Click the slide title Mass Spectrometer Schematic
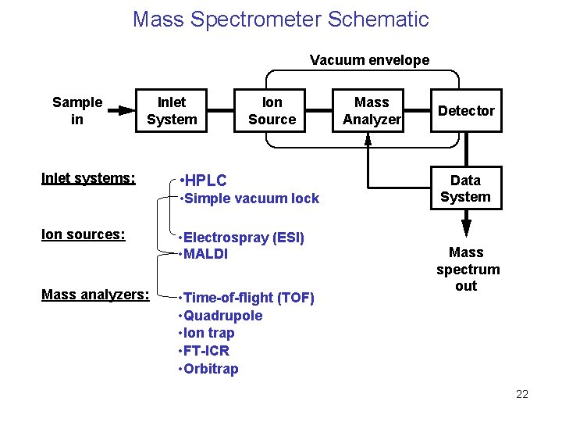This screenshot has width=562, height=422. tap(281, 19)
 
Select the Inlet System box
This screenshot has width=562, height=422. tap(172, 111)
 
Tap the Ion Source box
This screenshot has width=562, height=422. tap(272, 111)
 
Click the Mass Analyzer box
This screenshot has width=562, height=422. tap(372, 111)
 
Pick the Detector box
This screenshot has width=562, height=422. tap(466, 111)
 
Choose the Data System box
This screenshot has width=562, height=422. tap(465, 189)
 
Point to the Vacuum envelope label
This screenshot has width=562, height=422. tap(369, 60)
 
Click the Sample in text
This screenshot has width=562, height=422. tap(77, 111)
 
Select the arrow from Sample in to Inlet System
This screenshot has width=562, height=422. tap(120, 111)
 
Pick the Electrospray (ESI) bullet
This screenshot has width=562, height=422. tap(242, 237)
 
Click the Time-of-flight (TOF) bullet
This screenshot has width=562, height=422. tap(247, 298)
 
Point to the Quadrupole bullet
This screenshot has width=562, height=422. tap(222, 316)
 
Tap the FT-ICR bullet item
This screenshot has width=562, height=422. tap(205, 351)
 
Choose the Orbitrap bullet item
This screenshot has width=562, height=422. tap(210, 369)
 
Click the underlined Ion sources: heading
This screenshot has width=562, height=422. tap(84, 234)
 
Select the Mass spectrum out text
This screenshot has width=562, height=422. tap(467, 269)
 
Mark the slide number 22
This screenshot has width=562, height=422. tap(522, 394)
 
